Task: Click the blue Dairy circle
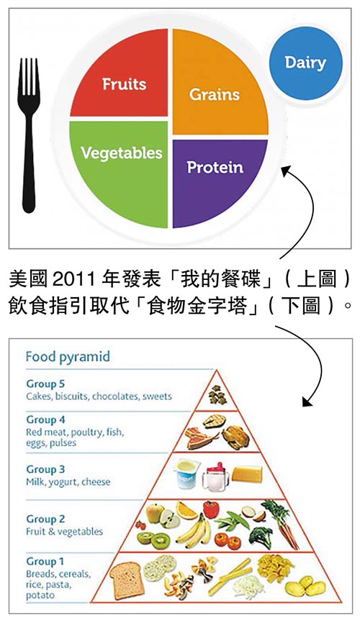point(305,63)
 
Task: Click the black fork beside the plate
point(29,135)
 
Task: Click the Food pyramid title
point(68,356)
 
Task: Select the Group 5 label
point(45,384)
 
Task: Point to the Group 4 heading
point(45,420)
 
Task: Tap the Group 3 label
point(45,469)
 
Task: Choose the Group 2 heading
point(45,519)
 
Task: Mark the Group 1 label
point(45,561)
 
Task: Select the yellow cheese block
point(247,473)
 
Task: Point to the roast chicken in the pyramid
point(235,437)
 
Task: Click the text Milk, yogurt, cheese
point(68,482)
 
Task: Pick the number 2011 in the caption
point(73,280)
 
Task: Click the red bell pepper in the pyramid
point(210,509)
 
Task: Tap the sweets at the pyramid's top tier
point(217,395)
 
